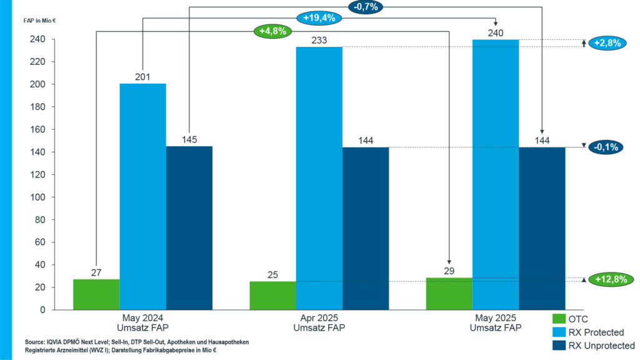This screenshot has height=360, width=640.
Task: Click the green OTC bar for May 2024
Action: pyautogui.click(x=96, y=294)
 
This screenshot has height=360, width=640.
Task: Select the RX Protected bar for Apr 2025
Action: pyautogui.click(x=319, y=178)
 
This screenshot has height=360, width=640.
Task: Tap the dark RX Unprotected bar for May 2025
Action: pyautogui.click(x=542, y=228)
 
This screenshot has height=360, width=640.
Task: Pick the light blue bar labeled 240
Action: pyautogui.click(x=496, y=174)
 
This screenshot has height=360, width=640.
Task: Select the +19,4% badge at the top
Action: pyautogui.click(x=319, y=18)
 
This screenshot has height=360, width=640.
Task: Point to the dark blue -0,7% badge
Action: pyautogui.click(x=365, y=7)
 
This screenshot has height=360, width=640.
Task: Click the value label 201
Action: pyautogui.click(x=143, y=76)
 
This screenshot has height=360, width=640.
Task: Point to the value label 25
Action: pyautogui.click(x=273, y=274)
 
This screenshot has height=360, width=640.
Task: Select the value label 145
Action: pyautogui.click(x=189, y=139)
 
